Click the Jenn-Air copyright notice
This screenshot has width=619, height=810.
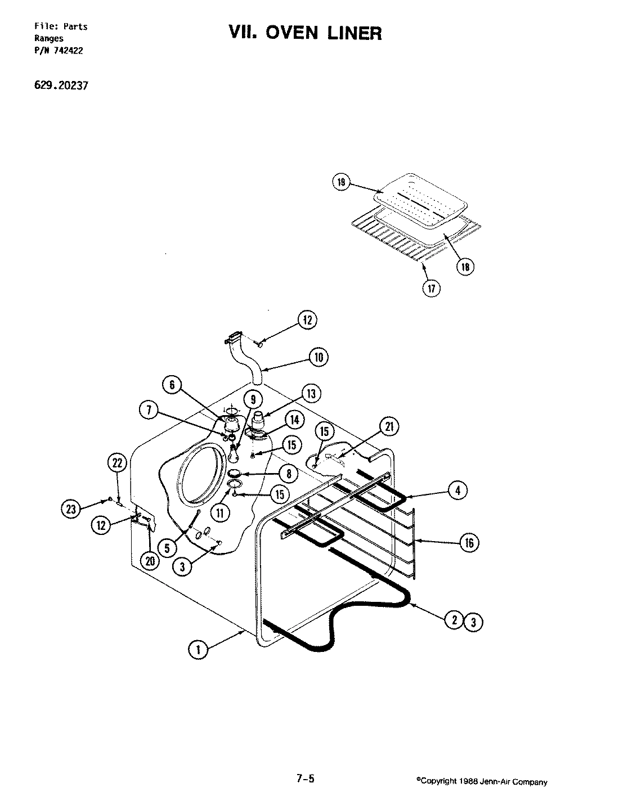(x=481, y=782)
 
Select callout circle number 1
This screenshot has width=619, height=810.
(x=197, y=650)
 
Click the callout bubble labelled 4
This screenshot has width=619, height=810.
(x=457, y=491)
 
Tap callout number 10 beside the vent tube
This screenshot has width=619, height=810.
(x=318, y=357)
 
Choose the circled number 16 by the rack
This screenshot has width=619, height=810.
(x=469, y=542)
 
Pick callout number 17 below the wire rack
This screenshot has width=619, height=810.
(x=432, y=289)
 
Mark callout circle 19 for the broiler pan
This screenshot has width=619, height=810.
(x=341, y=183)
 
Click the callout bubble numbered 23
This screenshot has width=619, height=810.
(x=69, y=508)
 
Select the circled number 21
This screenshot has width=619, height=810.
(x=388, y=427)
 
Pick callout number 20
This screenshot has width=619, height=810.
(x=149, y=562)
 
